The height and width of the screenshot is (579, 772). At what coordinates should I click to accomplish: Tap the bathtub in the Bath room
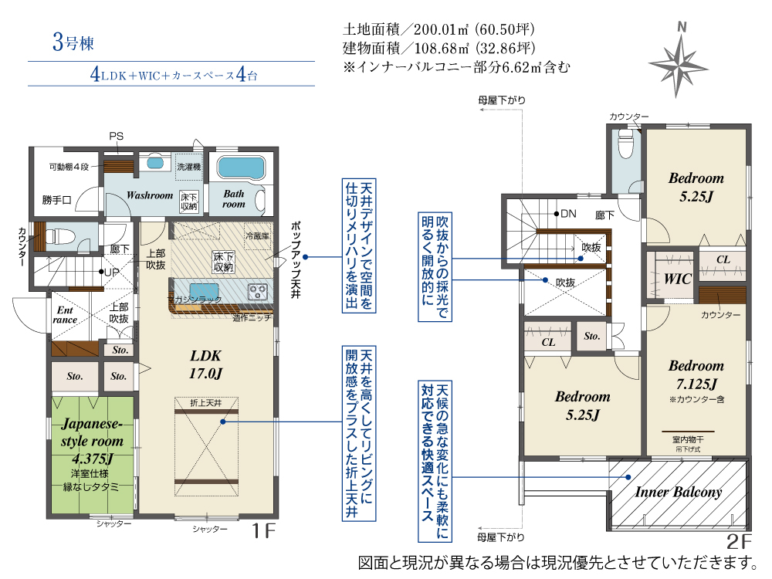click(x=241, y=168)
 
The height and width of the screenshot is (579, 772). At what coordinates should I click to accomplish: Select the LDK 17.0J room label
click(x=206, y=364)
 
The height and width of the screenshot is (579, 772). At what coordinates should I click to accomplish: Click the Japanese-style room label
click(x=92, y=441)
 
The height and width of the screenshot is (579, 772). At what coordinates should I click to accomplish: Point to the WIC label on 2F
click(x=678, y=279)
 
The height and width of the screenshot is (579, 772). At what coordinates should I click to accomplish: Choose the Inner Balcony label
click(x=679, y=492)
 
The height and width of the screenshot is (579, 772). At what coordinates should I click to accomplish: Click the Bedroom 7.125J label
click(x=696, y=374)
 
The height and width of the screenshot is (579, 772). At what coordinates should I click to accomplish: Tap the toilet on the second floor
click(x=625, y=144)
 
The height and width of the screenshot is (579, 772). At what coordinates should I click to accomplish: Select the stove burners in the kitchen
click(x=258, y=292)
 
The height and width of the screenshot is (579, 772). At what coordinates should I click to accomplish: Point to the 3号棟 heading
click(x=73, y=42)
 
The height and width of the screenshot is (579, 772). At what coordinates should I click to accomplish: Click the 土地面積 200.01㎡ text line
click(x=438, y=29)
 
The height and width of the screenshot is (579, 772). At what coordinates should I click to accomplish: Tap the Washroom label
click(x=150, y=195)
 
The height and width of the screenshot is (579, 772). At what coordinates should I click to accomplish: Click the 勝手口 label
click(x=56, y=200)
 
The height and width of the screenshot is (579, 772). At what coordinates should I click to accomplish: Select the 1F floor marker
click(x=264, y=531)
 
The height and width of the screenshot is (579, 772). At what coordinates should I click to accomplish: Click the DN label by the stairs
click(x=568, y=214)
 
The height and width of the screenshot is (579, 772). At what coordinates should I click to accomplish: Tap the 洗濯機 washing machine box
click(x=189, y=167)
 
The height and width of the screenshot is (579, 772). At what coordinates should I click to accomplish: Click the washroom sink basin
click(x=155, y=162)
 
